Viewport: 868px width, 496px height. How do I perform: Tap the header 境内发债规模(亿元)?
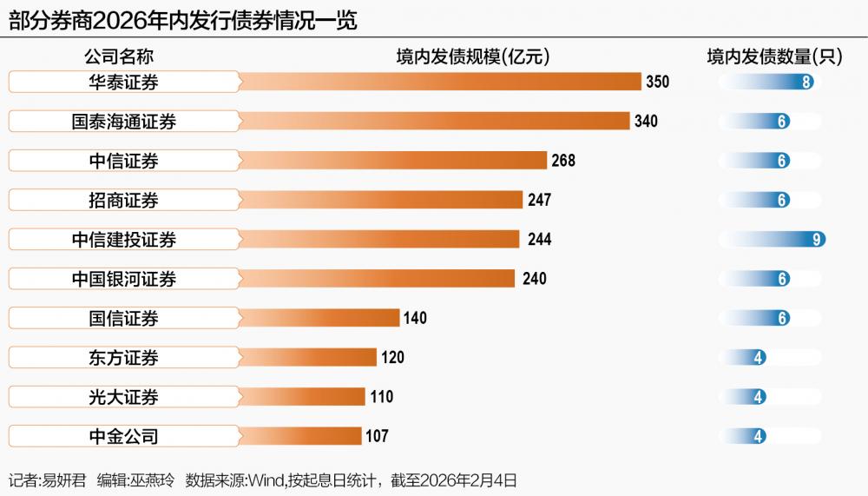tap(473, 57)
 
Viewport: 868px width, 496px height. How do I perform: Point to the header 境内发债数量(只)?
tap(775, 57)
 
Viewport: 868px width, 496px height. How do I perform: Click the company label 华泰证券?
tap(123, 83)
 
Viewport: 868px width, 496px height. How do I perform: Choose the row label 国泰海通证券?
tap(123, 122)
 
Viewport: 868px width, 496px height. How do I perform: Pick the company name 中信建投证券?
tap(123, 240)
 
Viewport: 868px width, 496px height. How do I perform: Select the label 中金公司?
tap(123, 436)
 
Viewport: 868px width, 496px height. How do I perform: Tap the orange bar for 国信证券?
tap(319, 318)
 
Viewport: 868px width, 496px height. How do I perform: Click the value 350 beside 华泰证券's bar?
tap(658, 83)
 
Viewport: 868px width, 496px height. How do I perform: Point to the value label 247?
tap(539, 201)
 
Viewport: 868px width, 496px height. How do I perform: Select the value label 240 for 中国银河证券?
tap(535, 279)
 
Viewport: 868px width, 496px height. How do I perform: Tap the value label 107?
tap(377, 436)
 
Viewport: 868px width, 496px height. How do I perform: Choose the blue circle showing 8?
tap(807, 83)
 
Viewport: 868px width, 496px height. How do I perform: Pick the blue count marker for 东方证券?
tap(759, 358)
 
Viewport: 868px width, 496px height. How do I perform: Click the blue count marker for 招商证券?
tap(783, 201)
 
